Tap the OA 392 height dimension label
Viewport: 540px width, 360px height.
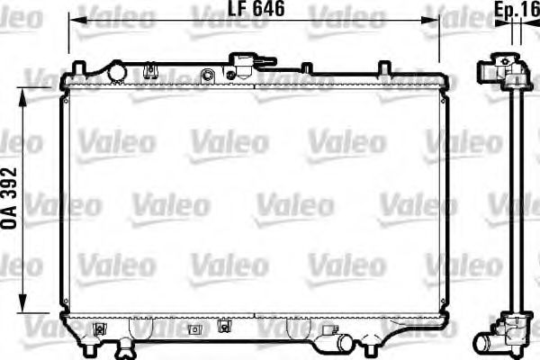click(x=11, y=199)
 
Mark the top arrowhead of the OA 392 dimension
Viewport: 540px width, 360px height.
click(x=25, y=93)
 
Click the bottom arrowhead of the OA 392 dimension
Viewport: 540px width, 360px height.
click(x=25, y=306)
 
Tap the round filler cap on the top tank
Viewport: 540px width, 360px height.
click(x=116, y=70)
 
